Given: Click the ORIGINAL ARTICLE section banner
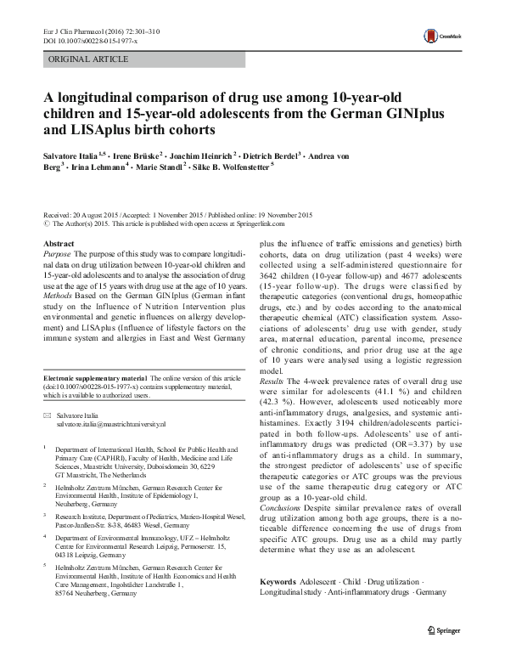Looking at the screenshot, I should coord(88,59).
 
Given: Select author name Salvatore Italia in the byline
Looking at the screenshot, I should coord(70,156).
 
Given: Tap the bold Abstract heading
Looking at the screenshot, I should coord(58,244).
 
